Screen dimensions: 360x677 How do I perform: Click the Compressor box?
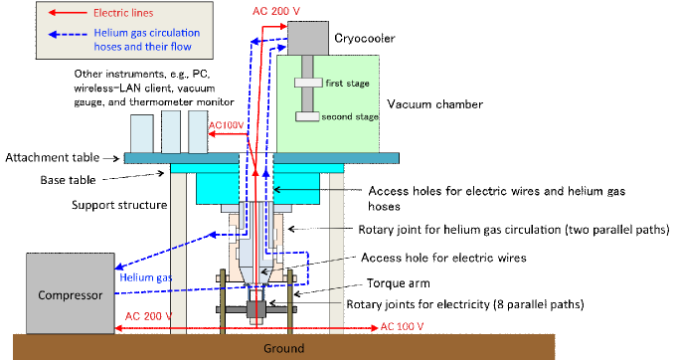(x=70, y=294)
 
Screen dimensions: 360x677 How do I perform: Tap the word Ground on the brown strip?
(x=283, y=349)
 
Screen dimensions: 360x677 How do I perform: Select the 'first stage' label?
(x=347, y=84)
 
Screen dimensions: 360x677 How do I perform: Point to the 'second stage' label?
(x=351, y=116)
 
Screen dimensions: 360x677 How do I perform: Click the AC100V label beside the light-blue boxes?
(x=227, y=126)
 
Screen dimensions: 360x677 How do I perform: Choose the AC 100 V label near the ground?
(x=403, y=325)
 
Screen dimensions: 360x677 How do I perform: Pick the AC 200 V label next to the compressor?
(x=149, y=315)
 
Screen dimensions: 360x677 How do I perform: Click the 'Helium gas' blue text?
(x=147, y=276)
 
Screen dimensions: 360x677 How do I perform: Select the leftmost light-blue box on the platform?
(x=142, y=134)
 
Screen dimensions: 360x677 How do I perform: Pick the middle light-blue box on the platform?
(x=171, y=131)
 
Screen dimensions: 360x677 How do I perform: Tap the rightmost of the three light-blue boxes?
(x=198, y=134)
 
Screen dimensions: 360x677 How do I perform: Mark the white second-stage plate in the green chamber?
(x=307, y=116)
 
